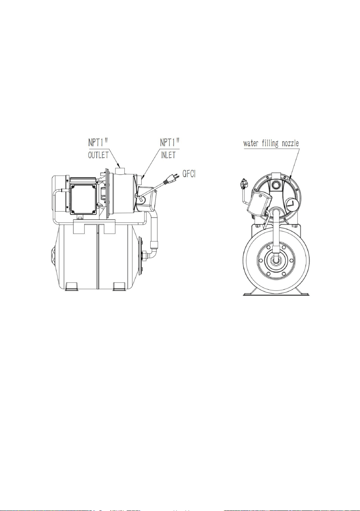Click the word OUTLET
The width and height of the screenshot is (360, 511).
98,155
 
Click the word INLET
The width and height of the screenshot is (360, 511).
168,155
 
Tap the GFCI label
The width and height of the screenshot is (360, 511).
189,174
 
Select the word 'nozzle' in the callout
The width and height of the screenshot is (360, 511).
290,143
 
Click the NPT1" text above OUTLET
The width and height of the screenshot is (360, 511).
98,143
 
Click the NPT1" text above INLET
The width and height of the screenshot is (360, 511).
170,143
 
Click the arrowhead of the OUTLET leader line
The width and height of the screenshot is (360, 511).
119,166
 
